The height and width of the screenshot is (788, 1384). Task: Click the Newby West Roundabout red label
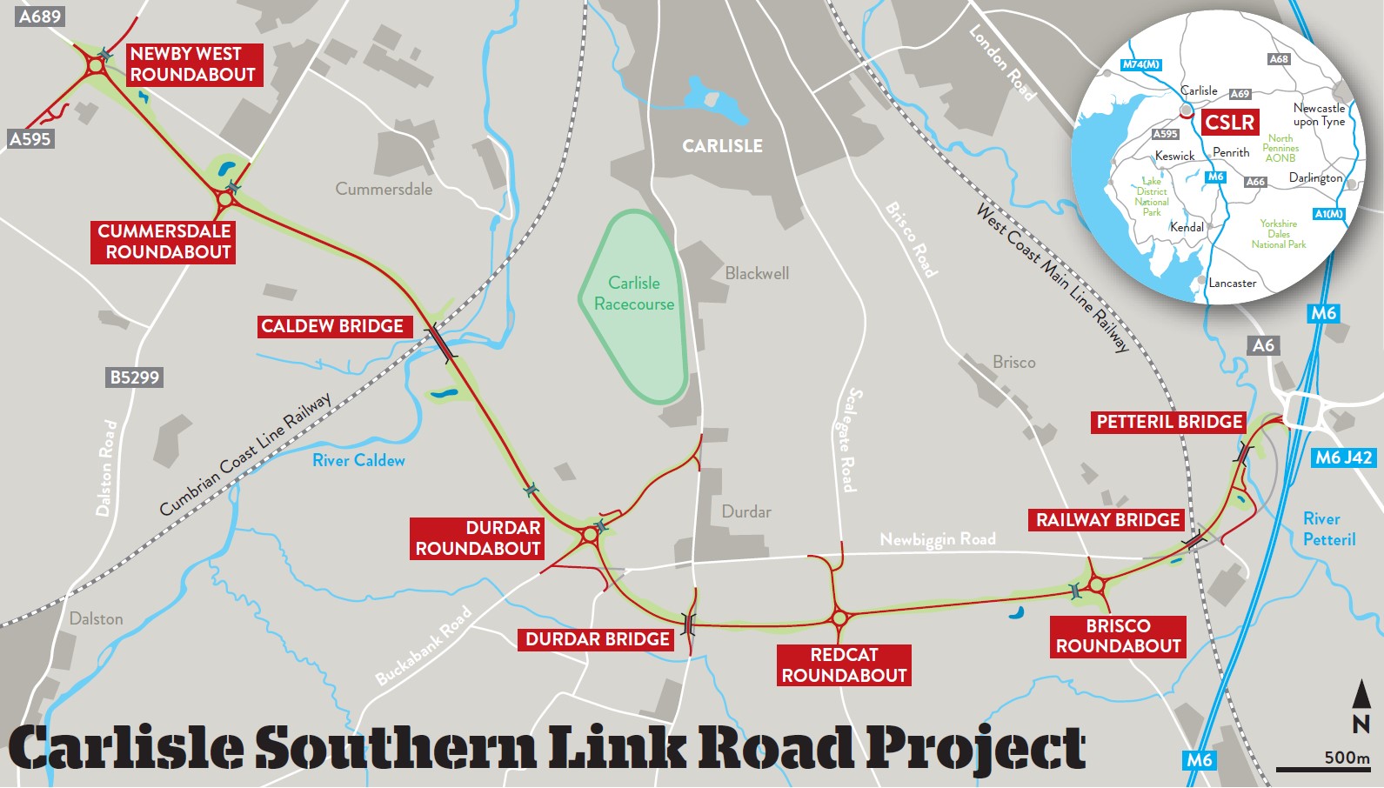pyautogui.click(x=192, y=64)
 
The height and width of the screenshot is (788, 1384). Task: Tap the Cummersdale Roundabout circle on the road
pyautogui.click(x=225, y=199)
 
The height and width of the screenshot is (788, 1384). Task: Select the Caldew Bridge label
pyautogui.click(x=332, y=326)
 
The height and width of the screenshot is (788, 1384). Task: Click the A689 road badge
pyautogui.click(x=40, y=16)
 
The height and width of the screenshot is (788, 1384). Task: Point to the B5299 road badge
pyautogui.click(x=134, y=377)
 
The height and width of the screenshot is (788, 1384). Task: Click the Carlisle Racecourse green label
pyautogui.click(x=634, y=293)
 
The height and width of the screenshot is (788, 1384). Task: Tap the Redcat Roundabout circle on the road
pyautogui.click(x=839, y=618)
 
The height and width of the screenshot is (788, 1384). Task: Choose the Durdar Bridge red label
pyautogui.click(x=598, y=639)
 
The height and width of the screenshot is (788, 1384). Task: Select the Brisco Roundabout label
pyautogui.click(x=1118, y=636)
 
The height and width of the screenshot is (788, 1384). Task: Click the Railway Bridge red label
pyautogui.click(x=1107, y=520)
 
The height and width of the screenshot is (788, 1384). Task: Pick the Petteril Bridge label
pyautogui.click(x=1169, y=422)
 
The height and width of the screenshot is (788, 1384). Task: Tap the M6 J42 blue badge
pyautogui.click(x=1343, y=457)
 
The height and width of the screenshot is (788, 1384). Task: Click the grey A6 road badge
pyautogui.click(x=1263, y=345)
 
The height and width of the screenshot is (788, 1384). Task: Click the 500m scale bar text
pyautogui.click(x=1346, y=757)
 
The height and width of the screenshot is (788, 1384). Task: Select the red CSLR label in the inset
pyautogui.click(x=1229, y=122)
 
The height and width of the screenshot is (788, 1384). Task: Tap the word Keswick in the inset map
pyautogui.click(x=1174, y=156)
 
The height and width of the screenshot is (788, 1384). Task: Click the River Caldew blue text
pyautogui.click(x=358, y=460)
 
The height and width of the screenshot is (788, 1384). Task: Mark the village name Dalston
pyautogui.click(x=96, y=618)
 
